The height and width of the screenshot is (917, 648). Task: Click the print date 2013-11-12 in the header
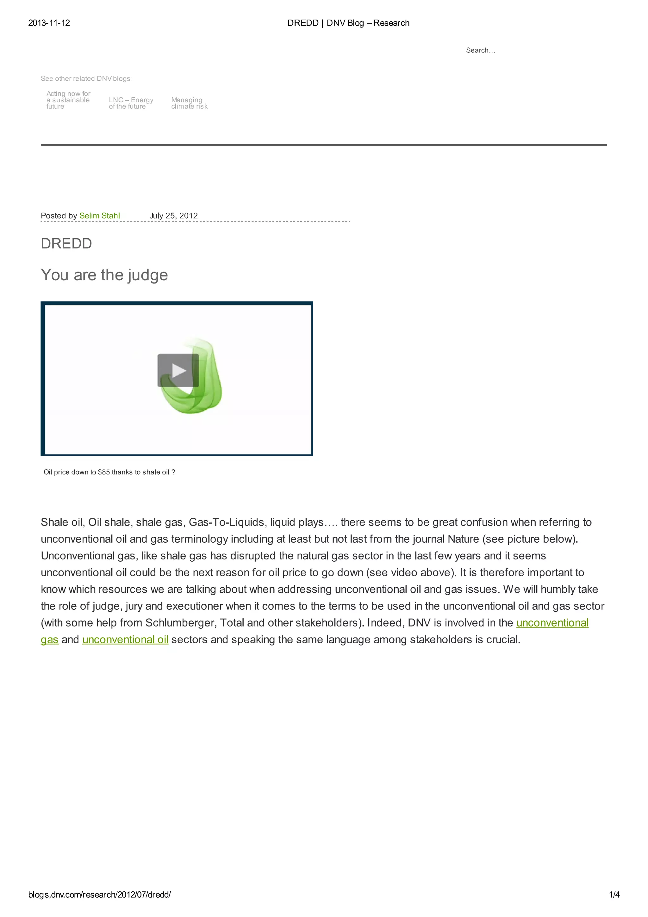49,23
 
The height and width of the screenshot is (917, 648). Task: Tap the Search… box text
480,50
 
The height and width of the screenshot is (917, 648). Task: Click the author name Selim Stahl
99,216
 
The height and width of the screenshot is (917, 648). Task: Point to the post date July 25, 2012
173,216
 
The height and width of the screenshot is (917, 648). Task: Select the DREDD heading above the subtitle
66,244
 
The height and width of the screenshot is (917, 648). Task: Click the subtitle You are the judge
104,275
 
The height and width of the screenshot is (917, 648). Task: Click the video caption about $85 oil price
109,472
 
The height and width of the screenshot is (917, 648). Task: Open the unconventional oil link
125,639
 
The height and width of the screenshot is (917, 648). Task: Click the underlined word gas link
49,639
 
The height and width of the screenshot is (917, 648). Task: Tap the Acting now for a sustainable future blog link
68,100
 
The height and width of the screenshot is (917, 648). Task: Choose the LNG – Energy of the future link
131,103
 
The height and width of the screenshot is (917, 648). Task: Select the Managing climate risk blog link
189,103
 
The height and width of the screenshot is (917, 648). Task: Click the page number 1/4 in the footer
614,895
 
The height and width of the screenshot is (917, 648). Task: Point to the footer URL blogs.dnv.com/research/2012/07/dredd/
99,895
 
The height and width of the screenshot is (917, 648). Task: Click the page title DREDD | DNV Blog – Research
348,23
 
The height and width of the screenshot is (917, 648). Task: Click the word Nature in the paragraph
463,539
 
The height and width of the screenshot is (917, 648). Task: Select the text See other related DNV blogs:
87,79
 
